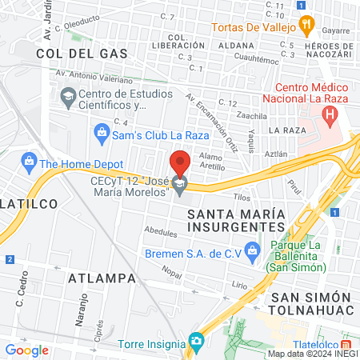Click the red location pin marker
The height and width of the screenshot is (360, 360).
(x=180, y=164)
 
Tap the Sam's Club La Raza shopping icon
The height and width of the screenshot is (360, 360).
(x=101, y=130)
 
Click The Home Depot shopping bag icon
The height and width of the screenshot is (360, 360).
(x=30, y=163)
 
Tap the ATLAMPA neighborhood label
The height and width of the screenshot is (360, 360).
(x=98, y=278)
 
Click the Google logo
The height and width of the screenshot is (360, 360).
(x=27, y=350)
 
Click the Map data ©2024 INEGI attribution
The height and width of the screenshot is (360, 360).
(x=312, y=354)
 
